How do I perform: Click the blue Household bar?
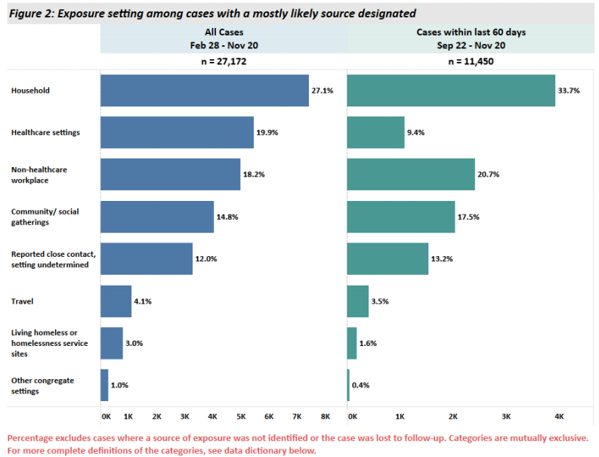click(204, 90)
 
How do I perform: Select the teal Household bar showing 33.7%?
click(451, 90)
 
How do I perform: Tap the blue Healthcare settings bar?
click(177, 132)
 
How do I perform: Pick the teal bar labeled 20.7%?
click(411, 174)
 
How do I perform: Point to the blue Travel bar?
click(116, 301)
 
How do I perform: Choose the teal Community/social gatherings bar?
click(401, 217)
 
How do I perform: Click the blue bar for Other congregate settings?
click(104, 385)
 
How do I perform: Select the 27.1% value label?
click(322, 91)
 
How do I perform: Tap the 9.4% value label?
click(417, 132)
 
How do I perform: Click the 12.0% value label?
click(206, 259)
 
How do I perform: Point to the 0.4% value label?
click(360, 385)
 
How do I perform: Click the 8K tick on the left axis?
click(326, 416)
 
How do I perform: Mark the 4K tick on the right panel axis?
click(560, 416)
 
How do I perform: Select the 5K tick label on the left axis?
click(241, 416)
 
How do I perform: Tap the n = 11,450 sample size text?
click(472, 61)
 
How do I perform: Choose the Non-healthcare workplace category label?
click(39, 174)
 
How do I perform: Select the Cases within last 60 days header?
click(471, 33)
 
